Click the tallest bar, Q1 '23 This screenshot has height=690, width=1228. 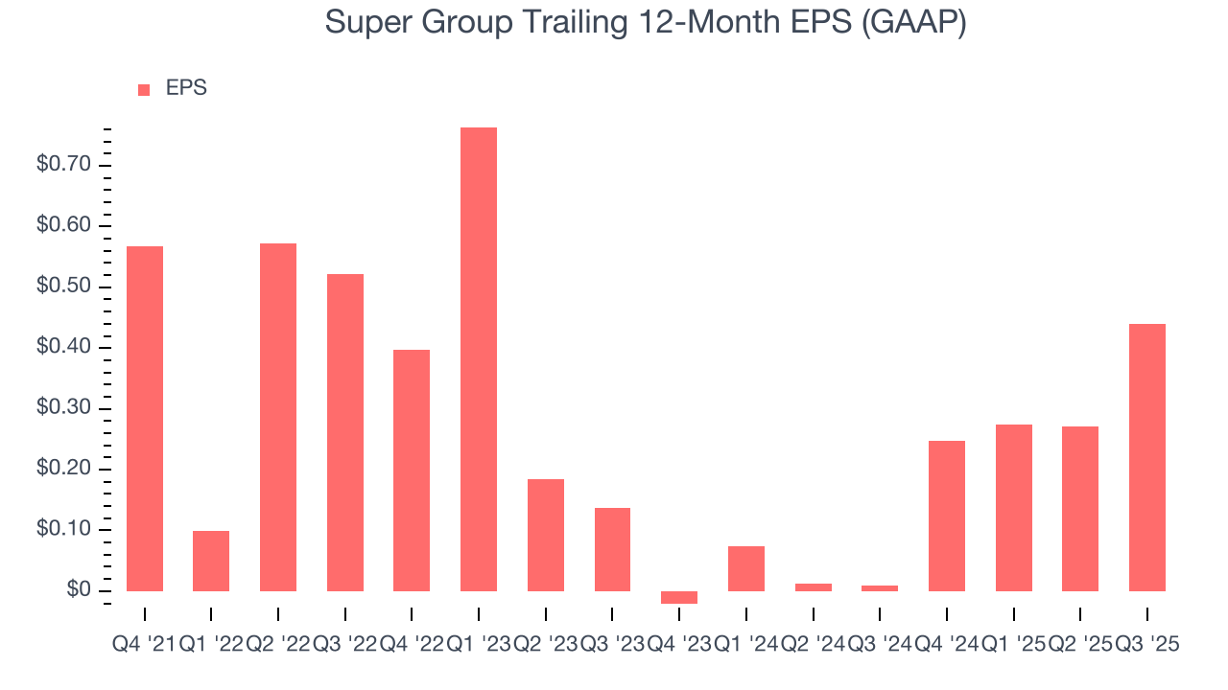pyautogui.click(x=479, y=359)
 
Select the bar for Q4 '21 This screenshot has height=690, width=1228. pyautogui.click(x=145, y=419)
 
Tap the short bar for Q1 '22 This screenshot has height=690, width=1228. pyautogui.click(x=211, y=561)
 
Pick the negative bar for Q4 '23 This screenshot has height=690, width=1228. pyautogui.click(x=679, y=597)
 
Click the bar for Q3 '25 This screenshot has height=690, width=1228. pyautogui.click(x=1147, y=457)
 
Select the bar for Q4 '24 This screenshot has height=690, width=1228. pyautogui.click(x=947, y=516)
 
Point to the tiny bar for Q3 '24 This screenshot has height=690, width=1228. pyautogui.click(x=880, y=587)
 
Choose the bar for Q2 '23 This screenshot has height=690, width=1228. pyautogui.click(x=546, y=535)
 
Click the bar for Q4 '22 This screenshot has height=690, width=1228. pyautogui.click(x=412, y=470)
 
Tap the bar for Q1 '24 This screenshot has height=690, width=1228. pyautogui.click(x=746, y=568)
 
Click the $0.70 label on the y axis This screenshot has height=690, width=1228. pyautogui.click(x=62, y=165)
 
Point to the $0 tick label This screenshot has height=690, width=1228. pyautogui.click(x=78, y=590)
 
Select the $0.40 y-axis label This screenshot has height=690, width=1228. pyautogui.click(x=62, y=347)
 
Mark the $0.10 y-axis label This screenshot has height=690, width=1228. pyautogui.click(x=62, y=529)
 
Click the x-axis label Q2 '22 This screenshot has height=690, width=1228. pyautogui.click(x=278, y=645)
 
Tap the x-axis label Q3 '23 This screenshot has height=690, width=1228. pyautogui.click(x=612, y=645)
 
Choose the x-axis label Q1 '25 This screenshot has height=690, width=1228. pyautogui.click(x=1013, y=645)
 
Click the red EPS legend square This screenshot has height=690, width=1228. pyautogui.click(x=144, y=89)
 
